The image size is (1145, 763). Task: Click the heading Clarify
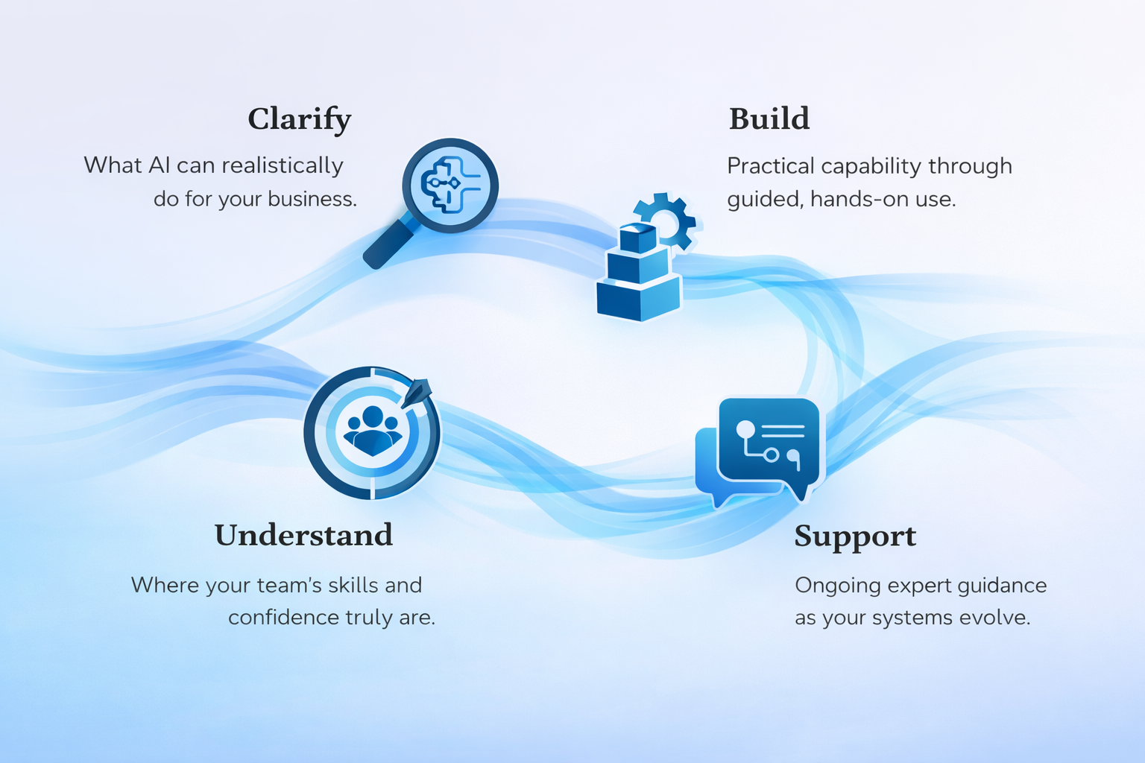click(299, 119)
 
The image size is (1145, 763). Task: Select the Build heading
click(769, 119)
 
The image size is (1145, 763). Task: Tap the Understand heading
click(303, 535)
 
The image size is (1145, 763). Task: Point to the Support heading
click(855, 536)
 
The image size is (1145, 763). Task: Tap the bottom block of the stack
click(639, 298)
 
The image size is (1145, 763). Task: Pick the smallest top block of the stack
click(637, 238)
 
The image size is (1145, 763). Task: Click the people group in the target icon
click(372, 431)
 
